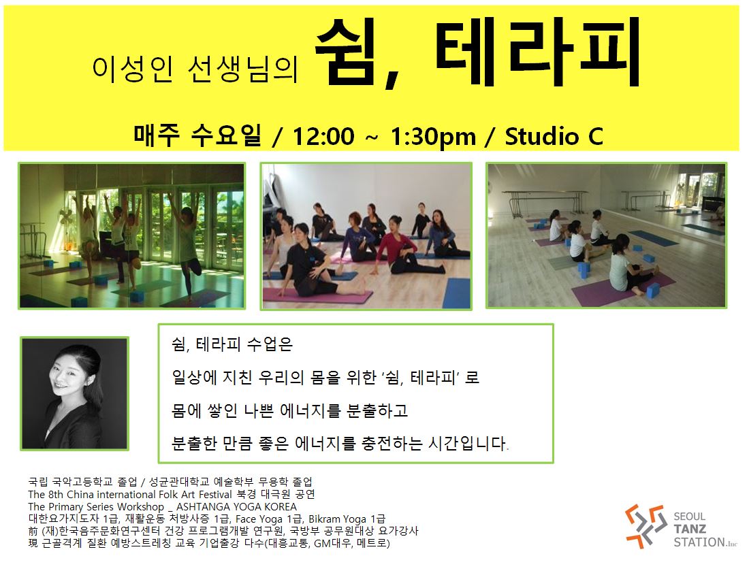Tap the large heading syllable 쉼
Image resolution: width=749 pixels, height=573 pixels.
coord(345,52)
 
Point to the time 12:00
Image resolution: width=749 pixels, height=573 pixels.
coord(323,137)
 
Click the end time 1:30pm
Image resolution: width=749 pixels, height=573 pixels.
coord(433,137)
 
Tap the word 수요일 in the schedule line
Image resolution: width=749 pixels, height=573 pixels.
coord(226,135)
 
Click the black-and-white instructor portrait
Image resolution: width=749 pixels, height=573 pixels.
coord(74,393)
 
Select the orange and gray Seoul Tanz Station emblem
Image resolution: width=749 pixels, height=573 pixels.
coord(646,526)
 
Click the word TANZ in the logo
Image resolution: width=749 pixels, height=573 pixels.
coord(690,529)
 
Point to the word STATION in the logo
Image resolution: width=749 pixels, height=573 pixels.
coord(699,542)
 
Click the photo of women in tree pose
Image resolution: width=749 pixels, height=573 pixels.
coord(132,236)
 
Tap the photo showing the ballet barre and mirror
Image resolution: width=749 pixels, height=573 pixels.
coord(606,235)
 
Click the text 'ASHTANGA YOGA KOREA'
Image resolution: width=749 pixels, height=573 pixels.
coord(236,506)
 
